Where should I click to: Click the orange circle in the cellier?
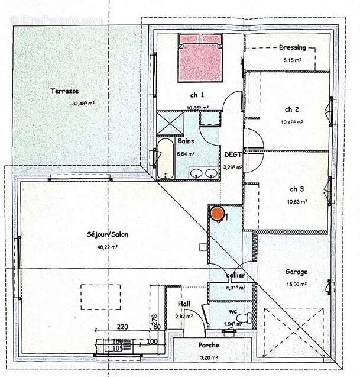[218, 212]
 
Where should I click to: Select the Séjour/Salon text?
[107, 234]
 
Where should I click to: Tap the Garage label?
[296, 272]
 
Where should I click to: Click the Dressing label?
[292, 48]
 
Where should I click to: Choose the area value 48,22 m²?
[107, 247]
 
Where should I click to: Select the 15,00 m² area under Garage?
[297, 285]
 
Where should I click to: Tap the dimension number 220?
[122, 326]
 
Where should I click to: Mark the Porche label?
[209, 345]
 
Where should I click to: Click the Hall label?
[184, 304]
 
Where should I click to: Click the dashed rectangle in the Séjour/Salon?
[100, 296]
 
